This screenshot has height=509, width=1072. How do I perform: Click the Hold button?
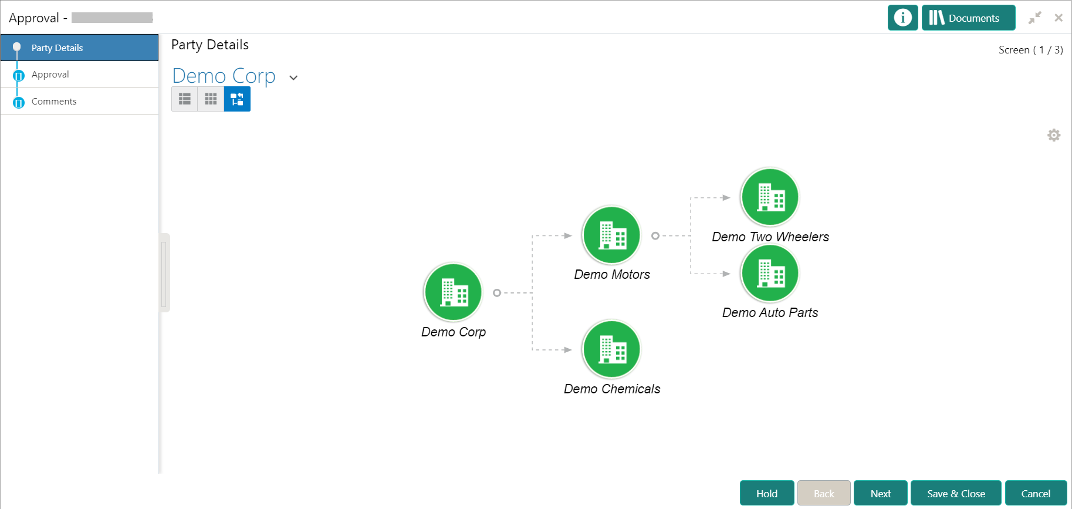(767, 493)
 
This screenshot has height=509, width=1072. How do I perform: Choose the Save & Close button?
(956, 493)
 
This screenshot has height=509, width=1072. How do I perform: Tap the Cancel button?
(1036, 493)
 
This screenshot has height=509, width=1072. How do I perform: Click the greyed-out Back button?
(824, 493)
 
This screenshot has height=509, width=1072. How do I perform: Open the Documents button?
(968, 18)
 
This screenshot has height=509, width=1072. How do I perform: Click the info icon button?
(902, 18)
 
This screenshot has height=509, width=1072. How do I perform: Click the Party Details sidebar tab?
(79, 48)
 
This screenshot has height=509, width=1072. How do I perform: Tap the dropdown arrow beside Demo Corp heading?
(293, 77)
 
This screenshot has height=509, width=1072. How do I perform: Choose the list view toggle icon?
(185, 99)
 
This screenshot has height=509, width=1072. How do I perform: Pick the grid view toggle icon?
(211, 99)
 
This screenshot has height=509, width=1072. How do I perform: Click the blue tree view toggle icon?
(237, 99)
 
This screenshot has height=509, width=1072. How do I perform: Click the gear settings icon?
(1054, 135)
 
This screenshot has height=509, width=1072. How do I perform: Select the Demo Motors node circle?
(612, 235)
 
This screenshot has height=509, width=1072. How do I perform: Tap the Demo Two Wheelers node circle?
(770, 197)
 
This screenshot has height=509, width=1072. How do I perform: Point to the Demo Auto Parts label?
(770, 312)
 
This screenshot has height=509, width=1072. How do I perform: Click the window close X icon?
(1059, 18)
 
